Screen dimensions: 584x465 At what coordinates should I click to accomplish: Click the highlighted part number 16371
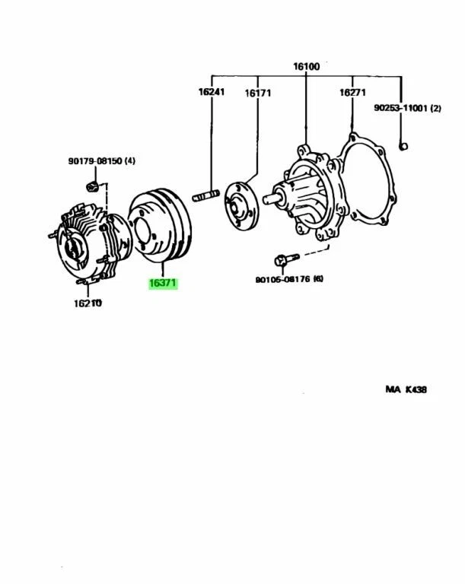pyautogui.click(x=163, y=284)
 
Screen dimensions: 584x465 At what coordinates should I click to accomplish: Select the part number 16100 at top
pyautogui.click(x=306, y=66)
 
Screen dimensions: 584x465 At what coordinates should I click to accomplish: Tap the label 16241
pyautogui.click(x=212, y=92)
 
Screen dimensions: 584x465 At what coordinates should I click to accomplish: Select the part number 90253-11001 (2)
pyautogui.click(x=407, y=109)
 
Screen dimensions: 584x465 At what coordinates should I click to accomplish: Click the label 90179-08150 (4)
pyautogui.click(x=101, y=160)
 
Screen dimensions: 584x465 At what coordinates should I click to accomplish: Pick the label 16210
pyautogui.click(x=88, y=303)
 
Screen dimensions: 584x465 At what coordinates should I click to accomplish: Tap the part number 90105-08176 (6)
pyautogui.click(x=289, y=279)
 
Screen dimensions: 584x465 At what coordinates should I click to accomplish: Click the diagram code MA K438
pyautogui.click(x=406, y=389)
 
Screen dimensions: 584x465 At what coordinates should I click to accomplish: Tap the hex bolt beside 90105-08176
pyautogui.click(x=282, y=260)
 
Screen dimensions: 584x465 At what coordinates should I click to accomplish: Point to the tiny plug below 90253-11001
pyautogui.click(x=403, y=147)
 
